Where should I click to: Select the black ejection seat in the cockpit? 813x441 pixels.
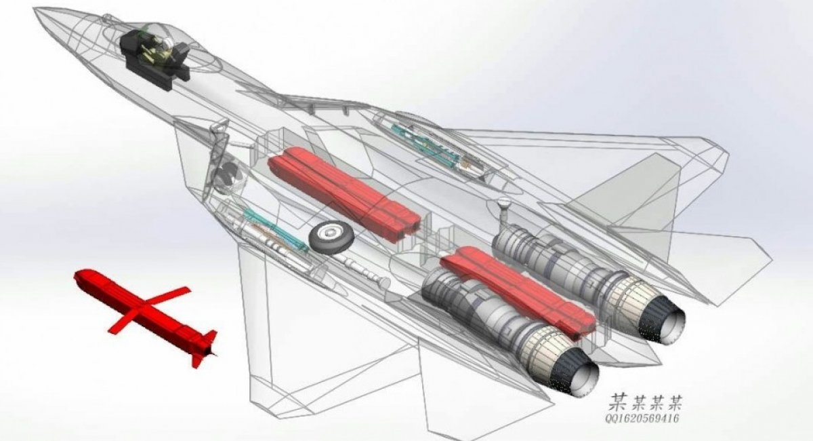154,60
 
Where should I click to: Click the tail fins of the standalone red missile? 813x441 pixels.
203,347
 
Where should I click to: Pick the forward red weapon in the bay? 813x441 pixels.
343,193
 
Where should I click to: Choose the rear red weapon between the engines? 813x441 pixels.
517,291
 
